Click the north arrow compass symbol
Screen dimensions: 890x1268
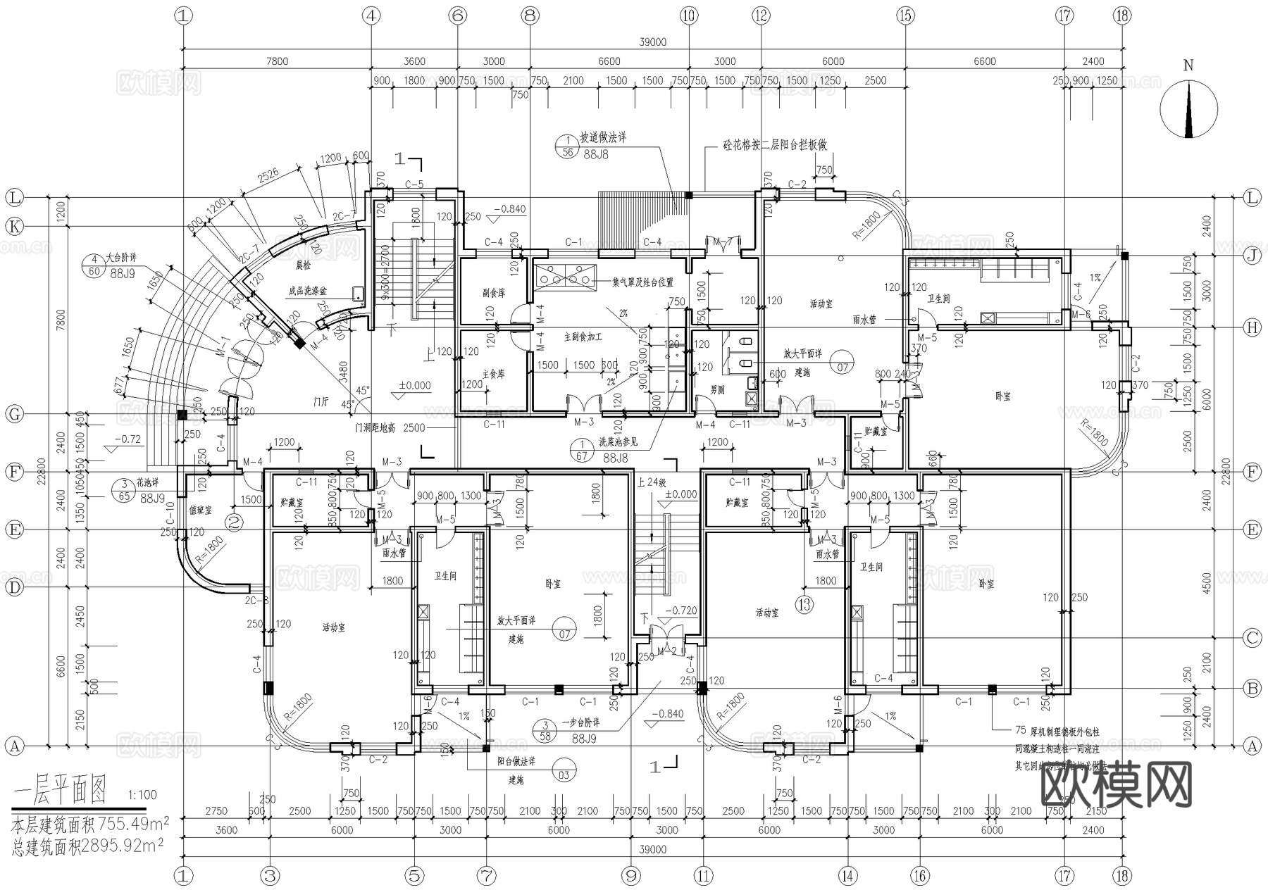(x=1188, y=109)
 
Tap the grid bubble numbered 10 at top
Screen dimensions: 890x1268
(x=689, y=15)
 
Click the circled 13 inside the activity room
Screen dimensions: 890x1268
(x=804, y=604)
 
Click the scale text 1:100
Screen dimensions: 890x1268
(x=142, y=795)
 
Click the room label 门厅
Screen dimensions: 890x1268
(x=321, y=401)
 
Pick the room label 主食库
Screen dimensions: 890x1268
(x=494, y=374)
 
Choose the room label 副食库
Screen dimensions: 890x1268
(x=494, y=293)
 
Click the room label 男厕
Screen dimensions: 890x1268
(x=717, y=389)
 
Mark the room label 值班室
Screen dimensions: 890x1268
(x=200, y=510)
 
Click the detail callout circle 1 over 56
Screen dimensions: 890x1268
(x=567, y=146)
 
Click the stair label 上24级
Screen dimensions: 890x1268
(x=651, y=482)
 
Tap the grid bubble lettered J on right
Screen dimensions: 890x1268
(x=1252, y=255)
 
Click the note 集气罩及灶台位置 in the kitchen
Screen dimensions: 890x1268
(x=642, y=282)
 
